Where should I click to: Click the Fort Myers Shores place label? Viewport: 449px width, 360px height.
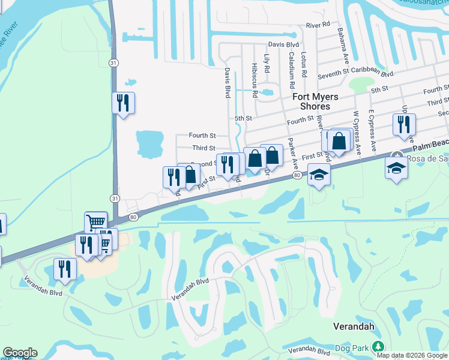(315, 101)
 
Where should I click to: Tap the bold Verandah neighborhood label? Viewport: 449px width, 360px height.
(354, 326)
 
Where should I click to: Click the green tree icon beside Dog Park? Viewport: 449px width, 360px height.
(378, 346)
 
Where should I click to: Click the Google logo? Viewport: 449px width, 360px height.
(19, 353)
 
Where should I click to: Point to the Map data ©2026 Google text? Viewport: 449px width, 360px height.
(412, 355)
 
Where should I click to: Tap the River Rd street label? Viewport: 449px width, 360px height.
(318, 25)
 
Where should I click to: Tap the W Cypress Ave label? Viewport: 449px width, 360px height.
(357, 130)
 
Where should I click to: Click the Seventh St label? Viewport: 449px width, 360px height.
(334, 74)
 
